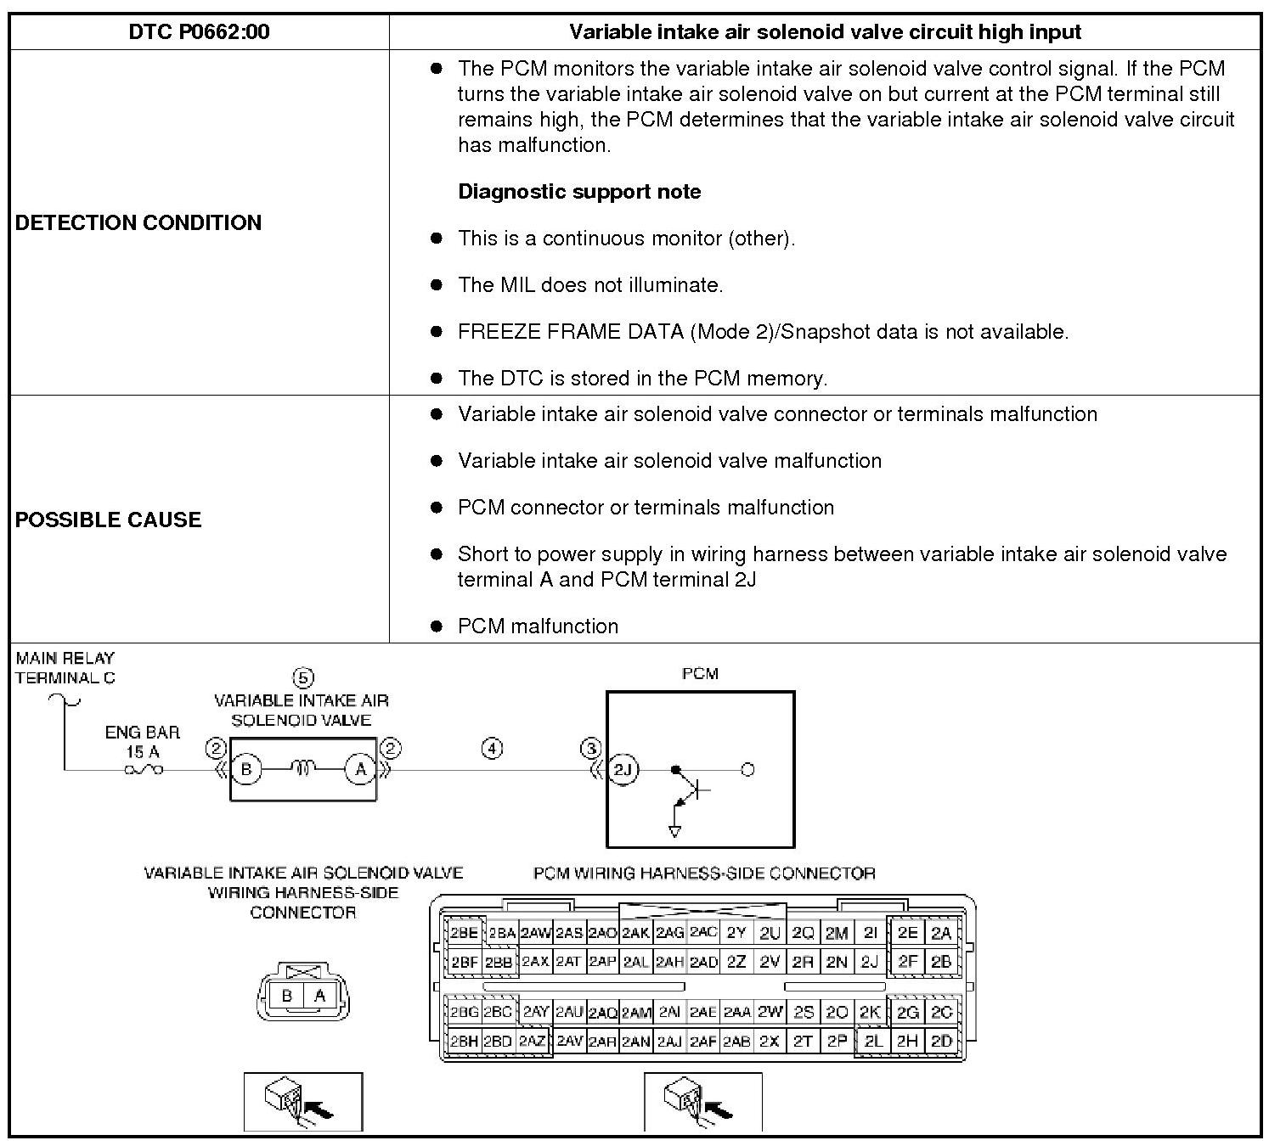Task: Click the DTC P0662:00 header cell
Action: pos(199,32)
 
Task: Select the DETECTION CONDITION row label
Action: pos(138,222)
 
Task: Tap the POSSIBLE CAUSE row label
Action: pos(108,520)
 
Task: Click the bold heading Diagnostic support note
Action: pos(579,192)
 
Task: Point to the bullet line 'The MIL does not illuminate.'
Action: pos(589,285)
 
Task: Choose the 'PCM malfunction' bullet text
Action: pos(538,626)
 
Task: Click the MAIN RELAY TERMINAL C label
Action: pos(65,668)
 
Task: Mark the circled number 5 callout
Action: pos(303,677)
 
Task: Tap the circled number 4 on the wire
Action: pos(492,749)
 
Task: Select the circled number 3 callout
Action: pos(590,749)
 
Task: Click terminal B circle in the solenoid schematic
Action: pos(246,770)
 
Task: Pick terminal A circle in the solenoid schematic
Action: pos(360,770)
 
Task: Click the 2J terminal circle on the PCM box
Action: pos(623,770)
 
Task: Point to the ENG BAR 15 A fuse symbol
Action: pos(144,770)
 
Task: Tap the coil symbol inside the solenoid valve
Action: pos(303,769)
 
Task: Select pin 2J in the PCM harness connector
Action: pos(869,962)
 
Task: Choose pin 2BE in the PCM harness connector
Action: pos(464,933)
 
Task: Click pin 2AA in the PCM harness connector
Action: pos(736,1012)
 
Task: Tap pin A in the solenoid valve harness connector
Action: pos(319,996)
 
